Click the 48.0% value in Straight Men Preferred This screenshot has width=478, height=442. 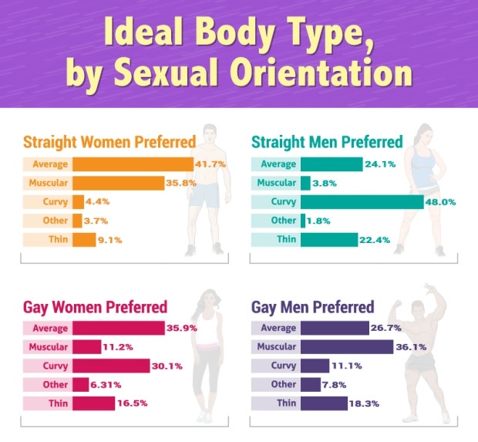coord(440,202)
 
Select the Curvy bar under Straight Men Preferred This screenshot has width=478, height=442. coord(362,202)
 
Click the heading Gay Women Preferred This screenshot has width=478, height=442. coord(95,308)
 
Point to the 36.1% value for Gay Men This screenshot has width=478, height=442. coord(411,347)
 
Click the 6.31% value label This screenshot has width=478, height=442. coord(107,385)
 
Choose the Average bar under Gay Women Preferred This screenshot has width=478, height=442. coord(117,329)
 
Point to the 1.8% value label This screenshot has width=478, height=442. coord(326,221)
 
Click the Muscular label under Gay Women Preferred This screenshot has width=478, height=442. coord(49,347)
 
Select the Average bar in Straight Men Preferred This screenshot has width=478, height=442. coord(331,164)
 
